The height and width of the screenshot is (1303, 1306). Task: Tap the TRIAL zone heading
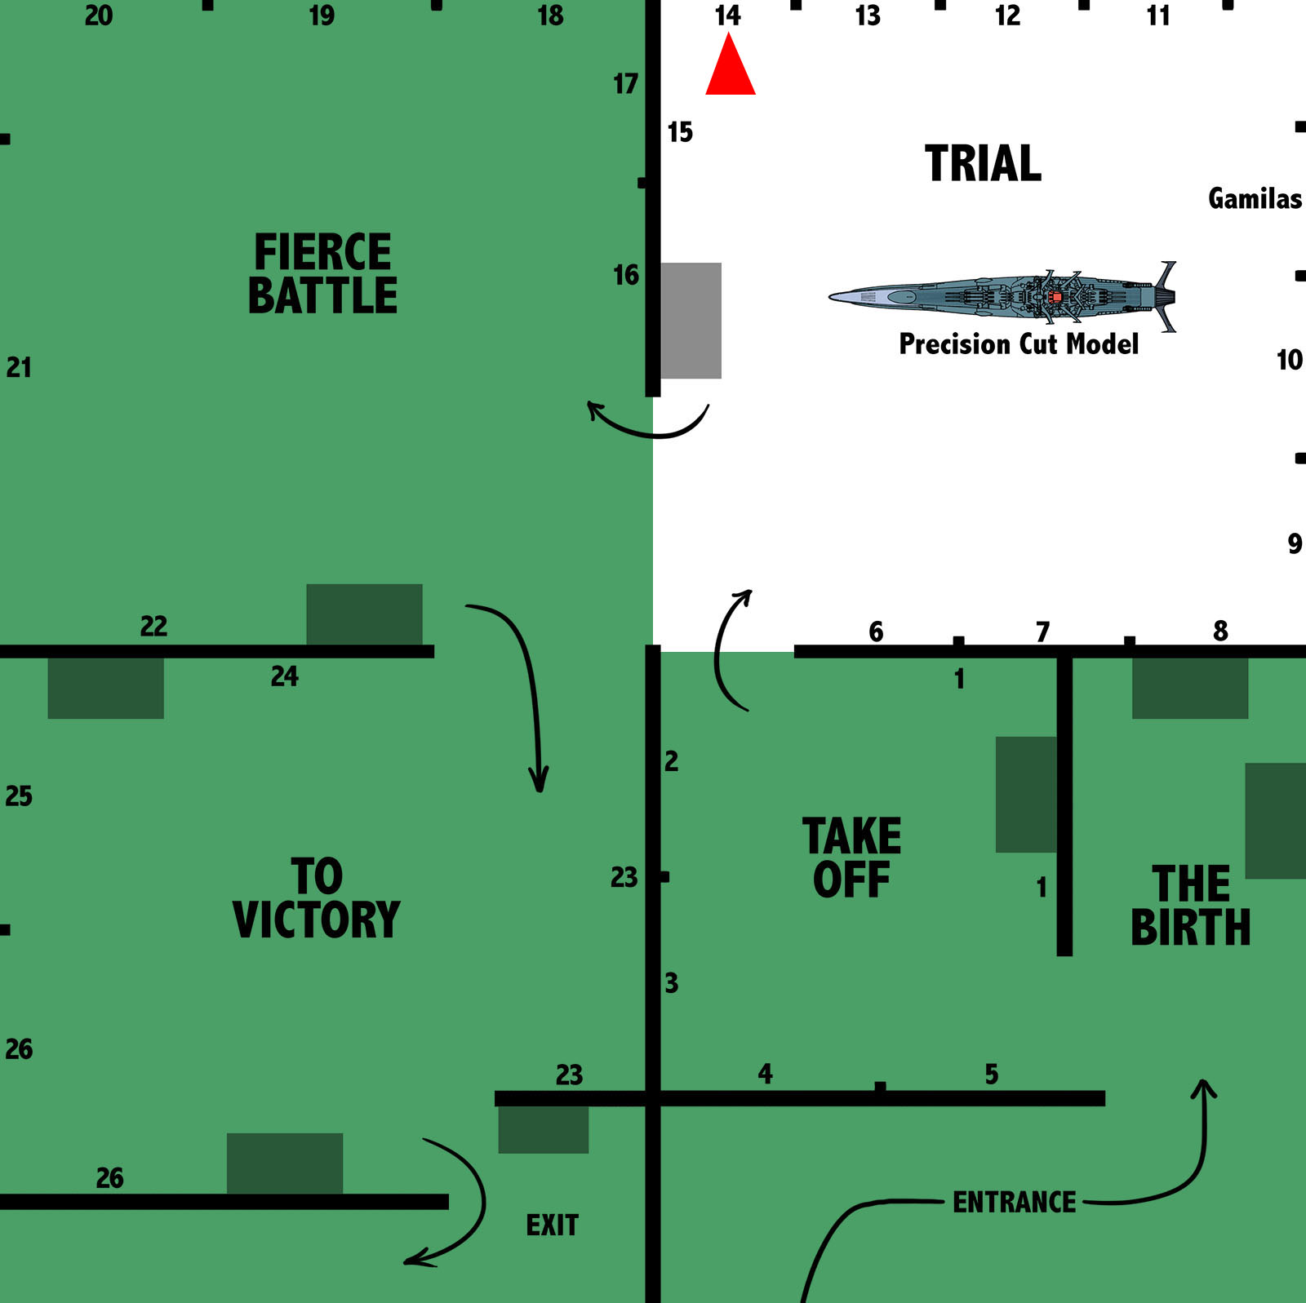(983, 163)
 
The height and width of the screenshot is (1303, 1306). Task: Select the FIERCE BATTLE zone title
(322, 273)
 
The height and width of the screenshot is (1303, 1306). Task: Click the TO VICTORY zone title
(317, 898)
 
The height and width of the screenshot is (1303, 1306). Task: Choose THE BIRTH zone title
(1190, 906)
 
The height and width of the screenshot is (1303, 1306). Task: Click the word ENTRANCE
(1014, 1203)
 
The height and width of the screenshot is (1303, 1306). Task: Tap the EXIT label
(552, 1225)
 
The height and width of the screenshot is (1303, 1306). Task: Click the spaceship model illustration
(1002, 295)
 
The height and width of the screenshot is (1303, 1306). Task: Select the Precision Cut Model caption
(1018, 344)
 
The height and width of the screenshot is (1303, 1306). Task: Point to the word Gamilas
(1255, 199)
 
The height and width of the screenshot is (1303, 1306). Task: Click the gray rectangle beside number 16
(691, 321)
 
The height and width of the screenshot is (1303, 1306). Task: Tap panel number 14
(727, 16)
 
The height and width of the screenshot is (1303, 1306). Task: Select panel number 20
(99, 16)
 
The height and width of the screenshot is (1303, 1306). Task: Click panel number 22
(153, 627)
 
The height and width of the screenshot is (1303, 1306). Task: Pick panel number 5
(992, 1075)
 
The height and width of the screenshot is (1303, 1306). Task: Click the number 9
(1295, 544)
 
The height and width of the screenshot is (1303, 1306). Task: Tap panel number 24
(284, 676)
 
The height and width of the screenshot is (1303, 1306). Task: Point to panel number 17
(625, 84)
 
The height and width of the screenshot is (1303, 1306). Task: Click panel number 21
(19, 368)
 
